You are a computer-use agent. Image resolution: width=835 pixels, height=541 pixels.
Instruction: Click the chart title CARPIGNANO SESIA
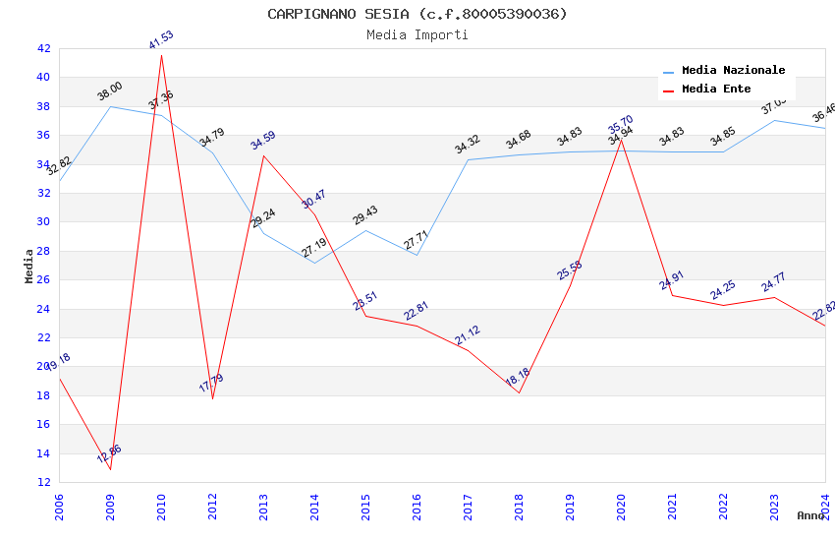pos(417,14)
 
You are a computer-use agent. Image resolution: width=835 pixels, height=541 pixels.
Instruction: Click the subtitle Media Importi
pos(417,35)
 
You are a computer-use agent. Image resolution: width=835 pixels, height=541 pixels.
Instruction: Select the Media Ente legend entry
pos(716,90)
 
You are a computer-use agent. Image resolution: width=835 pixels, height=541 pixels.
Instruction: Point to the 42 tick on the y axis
pos(43,48)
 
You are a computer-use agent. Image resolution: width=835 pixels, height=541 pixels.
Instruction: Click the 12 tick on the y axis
pos(43,482)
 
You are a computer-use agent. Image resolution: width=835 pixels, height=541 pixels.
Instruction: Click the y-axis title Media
pos(29,266)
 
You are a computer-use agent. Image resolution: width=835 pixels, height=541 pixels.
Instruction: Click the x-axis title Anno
pos(810,515)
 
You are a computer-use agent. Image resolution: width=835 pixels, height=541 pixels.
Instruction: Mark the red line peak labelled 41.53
pos(161,55)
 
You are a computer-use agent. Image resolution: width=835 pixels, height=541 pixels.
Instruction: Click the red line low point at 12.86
pos(110,469)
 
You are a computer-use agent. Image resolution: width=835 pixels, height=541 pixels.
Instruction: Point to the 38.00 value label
pos(110,91)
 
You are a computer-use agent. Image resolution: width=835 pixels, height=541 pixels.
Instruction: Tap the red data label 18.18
pos(518,378)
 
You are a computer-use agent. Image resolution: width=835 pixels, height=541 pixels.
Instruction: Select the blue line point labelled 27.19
pos(314,263)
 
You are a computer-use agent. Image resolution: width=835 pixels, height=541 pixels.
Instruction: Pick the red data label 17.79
pos(211,383)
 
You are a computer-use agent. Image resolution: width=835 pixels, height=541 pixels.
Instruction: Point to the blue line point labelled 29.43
pos(365,230)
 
